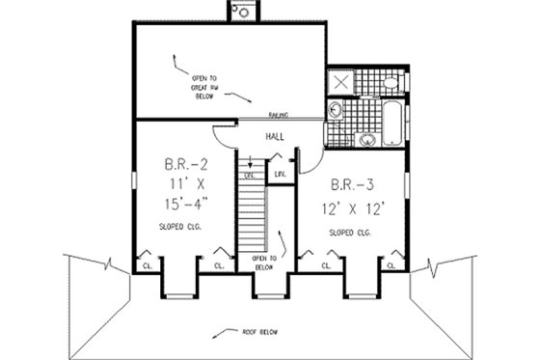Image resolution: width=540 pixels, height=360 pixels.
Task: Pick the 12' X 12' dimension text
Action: (350, 208)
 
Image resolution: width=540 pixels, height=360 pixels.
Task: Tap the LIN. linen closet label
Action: (280, 175)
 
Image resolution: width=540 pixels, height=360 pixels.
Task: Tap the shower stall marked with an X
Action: (340, 82)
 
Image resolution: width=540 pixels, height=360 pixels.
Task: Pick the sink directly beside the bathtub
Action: (366, 141)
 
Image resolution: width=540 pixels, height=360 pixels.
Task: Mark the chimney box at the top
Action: (243, 12)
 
